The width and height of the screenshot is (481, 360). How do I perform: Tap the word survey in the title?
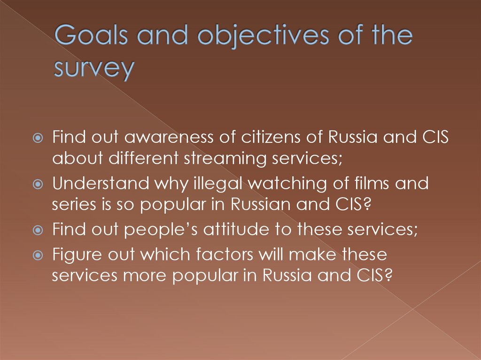93,69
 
